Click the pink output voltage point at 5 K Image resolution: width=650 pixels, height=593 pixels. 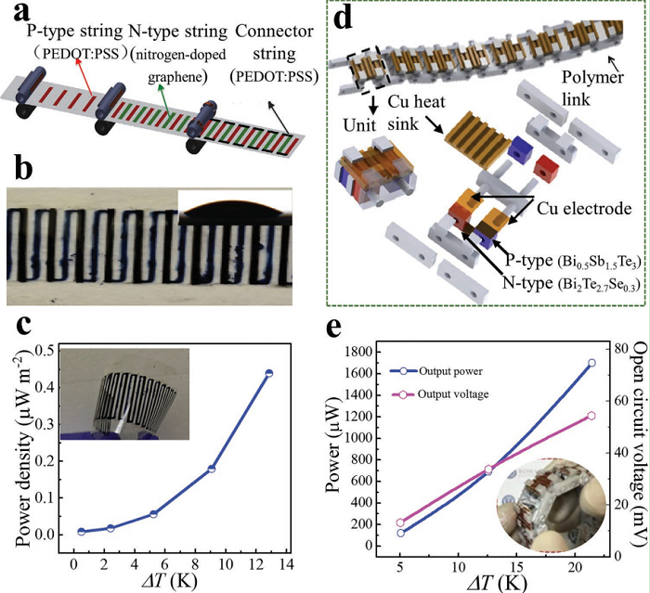[400, 522]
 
